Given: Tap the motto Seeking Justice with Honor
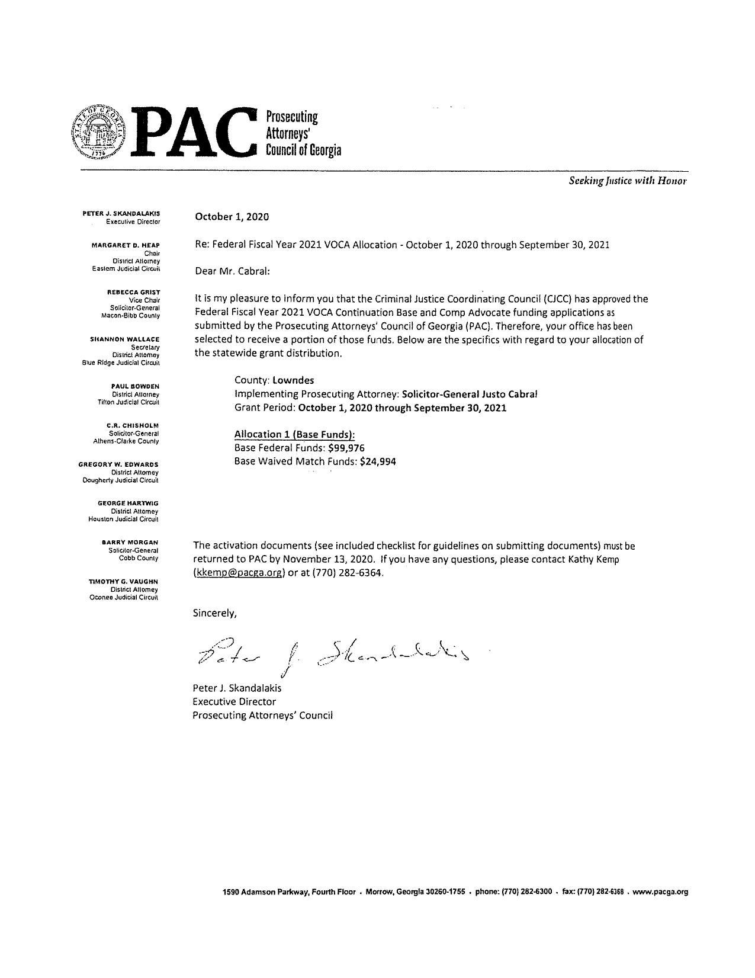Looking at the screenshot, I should [x=627, y=181].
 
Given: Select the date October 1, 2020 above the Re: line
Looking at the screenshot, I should [x=232, y=217].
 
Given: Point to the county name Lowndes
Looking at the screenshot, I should [x=293, y=380].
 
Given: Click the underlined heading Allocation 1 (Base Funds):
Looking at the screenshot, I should [x=294, y=434].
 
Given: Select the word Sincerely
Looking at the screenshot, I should [x=214, y=613].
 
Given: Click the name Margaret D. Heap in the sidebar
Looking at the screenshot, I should [x=125, y=245].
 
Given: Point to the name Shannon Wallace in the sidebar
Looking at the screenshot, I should [x=124, y=339].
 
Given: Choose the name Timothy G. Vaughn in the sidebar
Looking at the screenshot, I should [x=123, y=582].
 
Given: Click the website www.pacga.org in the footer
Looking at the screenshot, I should [x=660, y=892].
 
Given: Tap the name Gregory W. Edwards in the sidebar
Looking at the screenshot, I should [x=118, y=464].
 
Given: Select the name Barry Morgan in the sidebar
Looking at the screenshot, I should [x=130, y=542].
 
